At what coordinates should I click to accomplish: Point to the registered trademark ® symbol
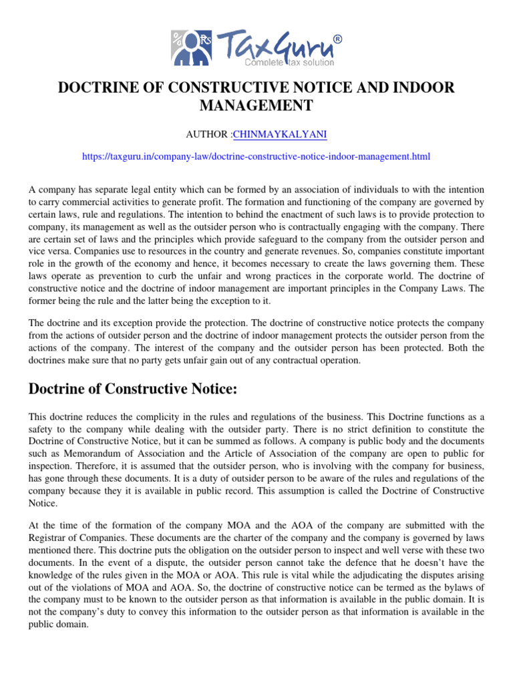point(337,39)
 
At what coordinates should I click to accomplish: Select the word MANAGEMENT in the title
point(256,106)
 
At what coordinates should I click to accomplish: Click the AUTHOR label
point(208,134)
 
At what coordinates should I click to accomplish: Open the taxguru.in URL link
point(256,156)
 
